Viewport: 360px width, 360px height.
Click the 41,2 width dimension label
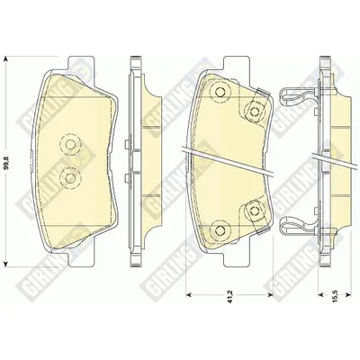(230, 301)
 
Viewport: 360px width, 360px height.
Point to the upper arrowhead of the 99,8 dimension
(6, 58)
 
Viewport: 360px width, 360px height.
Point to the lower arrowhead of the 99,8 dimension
(6, 264)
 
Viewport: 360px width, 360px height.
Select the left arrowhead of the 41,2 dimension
(189, 294)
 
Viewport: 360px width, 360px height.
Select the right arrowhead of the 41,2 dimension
(270, 294)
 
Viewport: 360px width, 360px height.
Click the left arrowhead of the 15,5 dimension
(321, 294)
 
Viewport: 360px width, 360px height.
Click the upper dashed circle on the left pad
(70, 144)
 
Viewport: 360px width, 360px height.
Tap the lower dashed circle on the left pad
(70, 178)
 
